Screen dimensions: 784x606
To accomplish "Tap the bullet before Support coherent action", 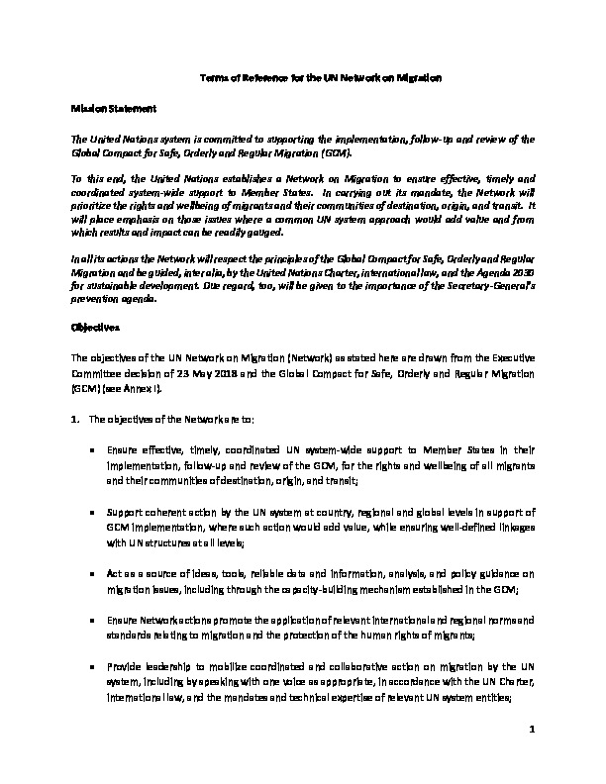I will click(x=92, y=511).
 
